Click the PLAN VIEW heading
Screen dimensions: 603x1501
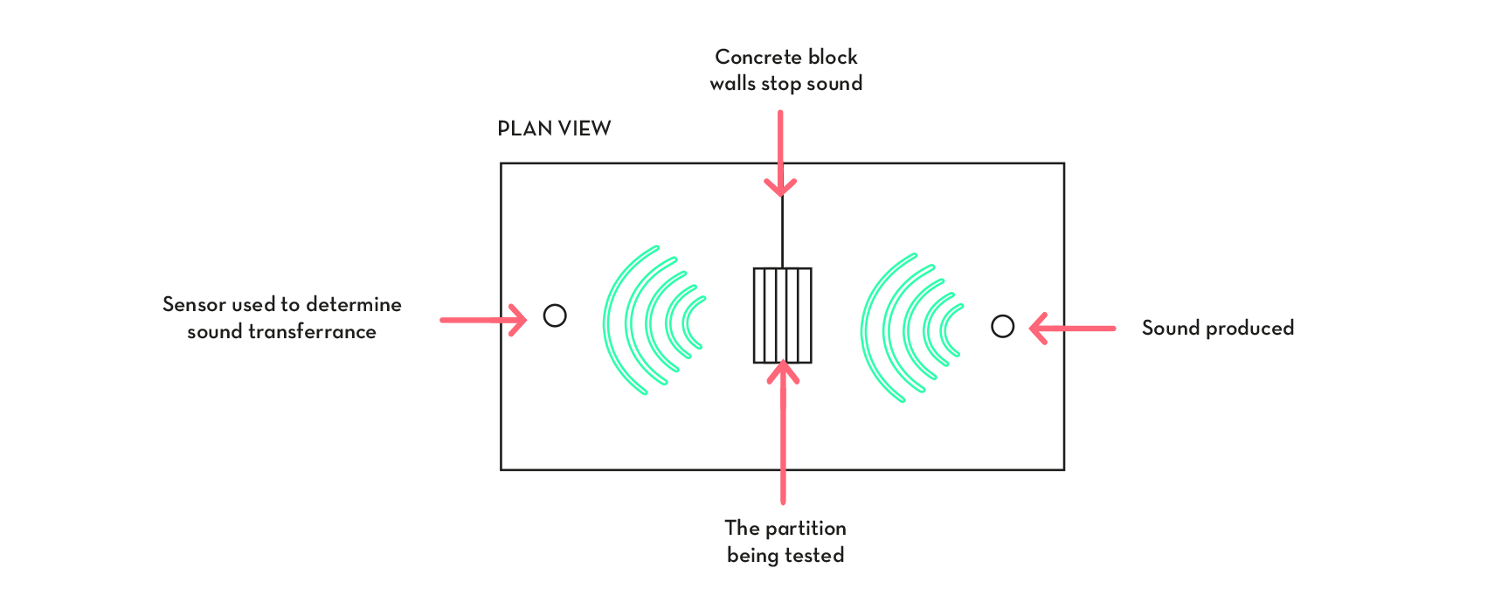point(554,128)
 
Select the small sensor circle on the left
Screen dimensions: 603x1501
point(555,315)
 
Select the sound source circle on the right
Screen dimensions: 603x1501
point(1002,327)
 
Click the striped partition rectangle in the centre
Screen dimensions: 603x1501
point(782,315)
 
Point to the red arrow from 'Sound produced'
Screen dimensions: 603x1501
point(1072,329)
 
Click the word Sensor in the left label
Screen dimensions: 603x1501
point(194,304)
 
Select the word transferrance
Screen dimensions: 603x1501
point(312,332)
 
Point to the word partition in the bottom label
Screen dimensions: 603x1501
point(805,529)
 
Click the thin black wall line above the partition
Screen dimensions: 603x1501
point(782,232)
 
